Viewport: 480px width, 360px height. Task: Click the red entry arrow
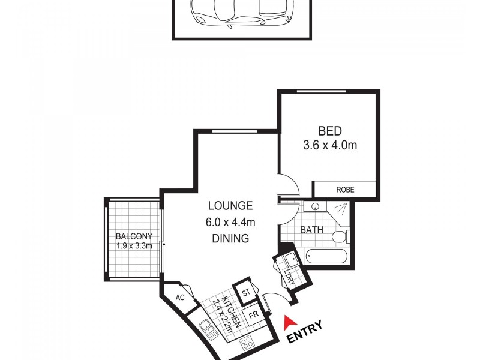pos(289,322)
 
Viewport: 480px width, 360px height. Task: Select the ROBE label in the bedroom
pos(345,190)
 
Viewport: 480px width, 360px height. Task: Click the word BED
pos(329,131)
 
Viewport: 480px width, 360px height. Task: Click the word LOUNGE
pos(230,206)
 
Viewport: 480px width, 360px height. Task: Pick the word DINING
pos(230,238)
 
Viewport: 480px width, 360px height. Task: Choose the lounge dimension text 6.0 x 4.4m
pos(230,222)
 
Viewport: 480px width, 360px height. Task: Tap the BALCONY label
pos(134,236)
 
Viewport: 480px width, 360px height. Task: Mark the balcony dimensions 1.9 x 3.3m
pos(134,245)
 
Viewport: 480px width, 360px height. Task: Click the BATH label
pos(312,229)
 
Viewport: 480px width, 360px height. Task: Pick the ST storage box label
pos(245,293)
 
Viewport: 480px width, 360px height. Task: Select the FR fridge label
pos(254,313)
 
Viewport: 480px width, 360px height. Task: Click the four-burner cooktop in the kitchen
pos(246,343)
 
